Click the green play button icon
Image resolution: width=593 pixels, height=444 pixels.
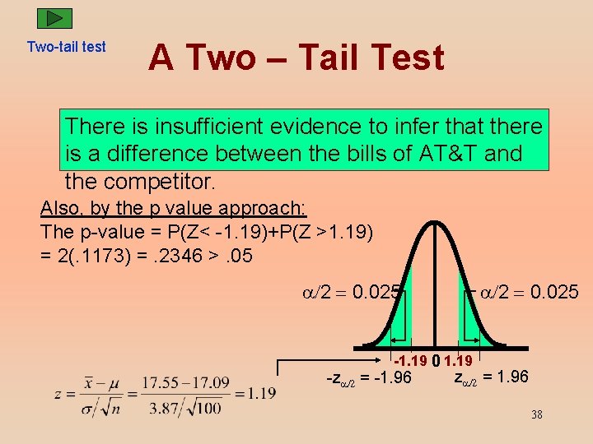pyautogui.click(x=54, y=18)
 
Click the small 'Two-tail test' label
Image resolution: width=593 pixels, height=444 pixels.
pyautogui.click(x=66, y=47)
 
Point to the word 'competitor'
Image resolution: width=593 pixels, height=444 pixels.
pyautogui.click(x=161, y=180)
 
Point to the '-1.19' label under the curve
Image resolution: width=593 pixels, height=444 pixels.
pyautogui.click(x=409, y=360)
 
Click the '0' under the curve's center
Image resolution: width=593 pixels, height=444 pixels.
pyautogui.click(x=436, y=360)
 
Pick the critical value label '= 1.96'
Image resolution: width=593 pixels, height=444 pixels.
pyautogui.click(x=505, y=377)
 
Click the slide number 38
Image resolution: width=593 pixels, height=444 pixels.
pyautogui.click(x=536, y=414)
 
